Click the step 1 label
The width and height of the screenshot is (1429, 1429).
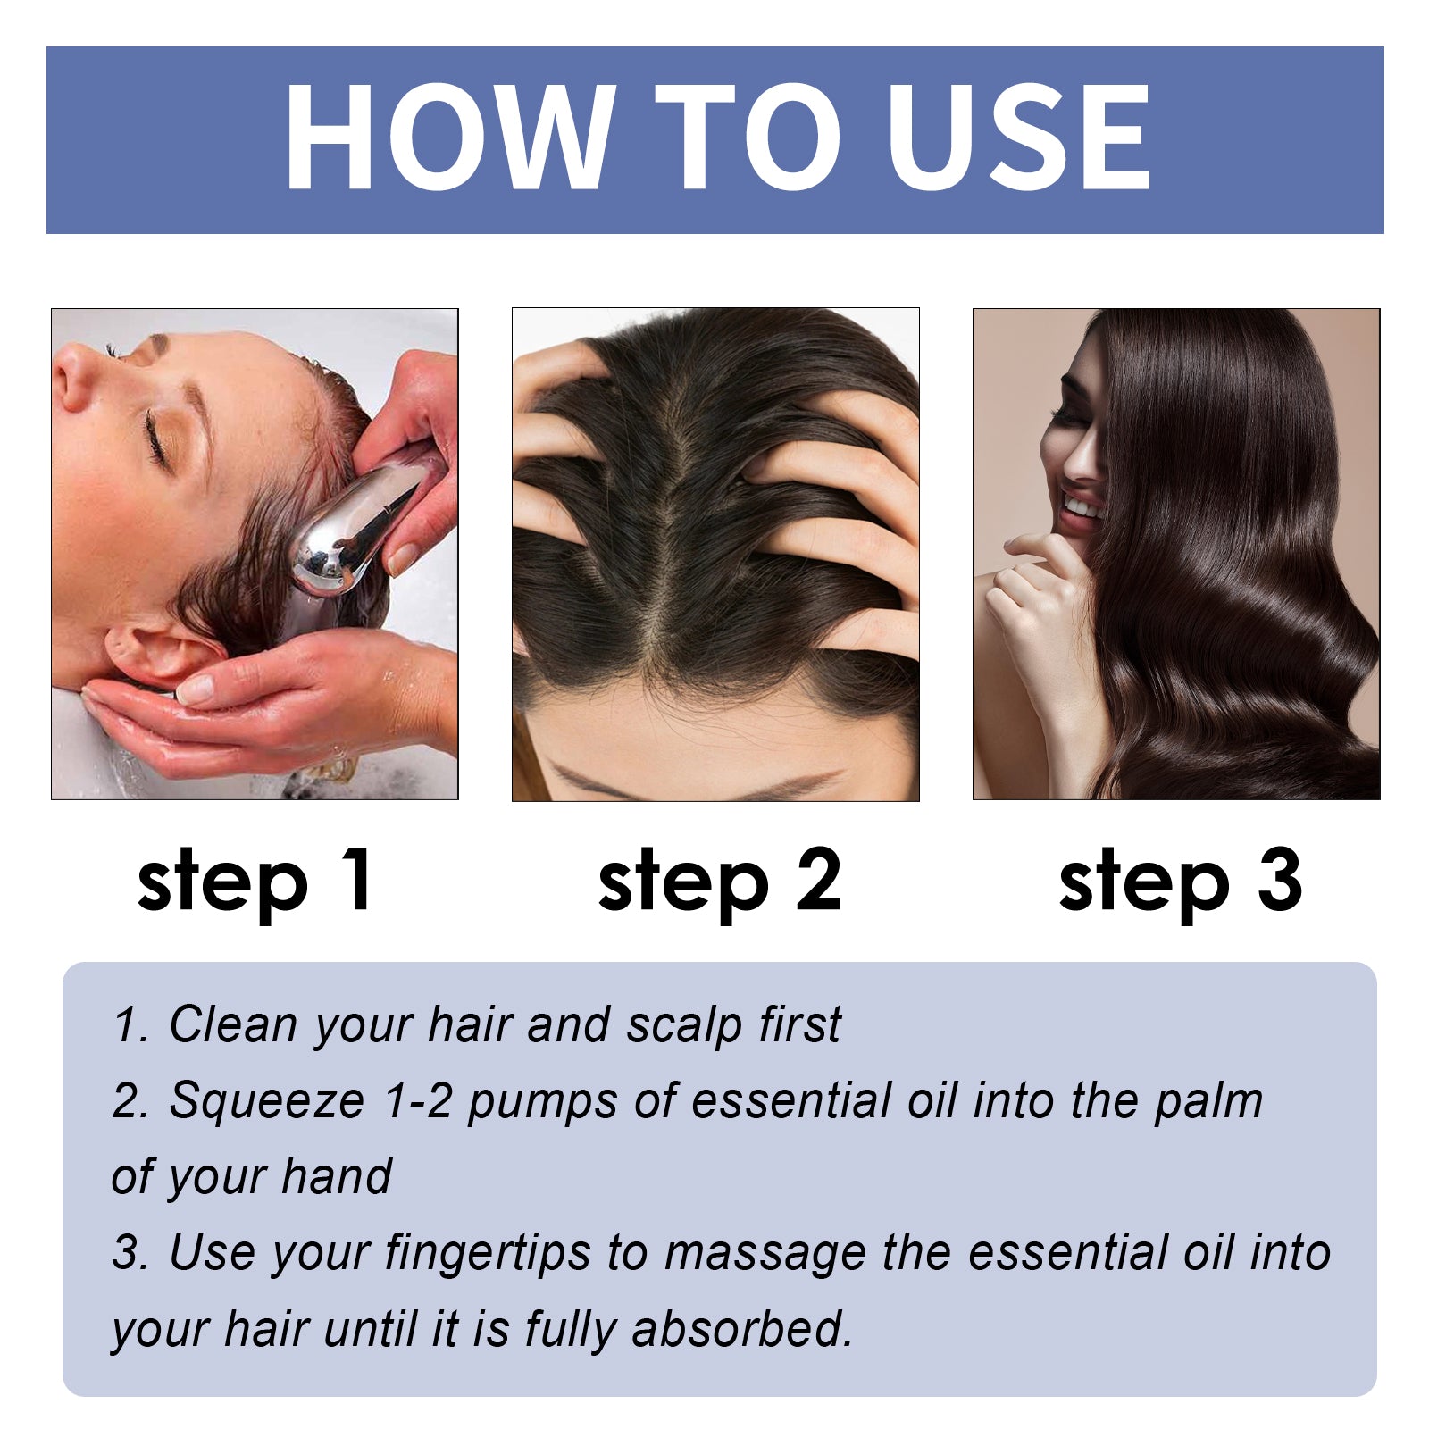tap(255, 882)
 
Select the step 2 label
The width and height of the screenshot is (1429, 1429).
tap(719, 882)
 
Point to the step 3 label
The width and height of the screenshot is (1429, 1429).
tap(1180, 882)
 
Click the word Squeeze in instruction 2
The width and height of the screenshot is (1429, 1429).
tap(266, 1101)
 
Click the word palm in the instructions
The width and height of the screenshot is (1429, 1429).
tap(1208, 1101)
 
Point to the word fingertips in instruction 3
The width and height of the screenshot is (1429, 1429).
tap(488, 1255)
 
